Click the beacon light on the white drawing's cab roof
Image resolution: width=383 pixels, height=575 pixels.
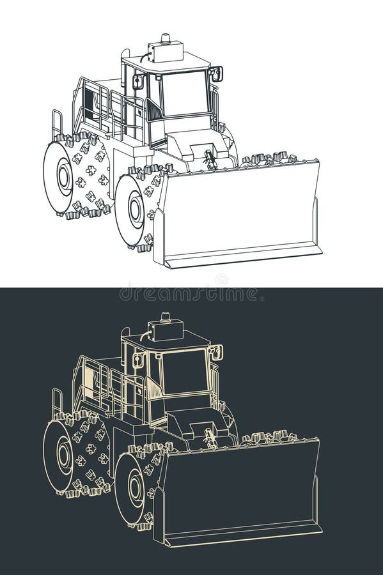point(166,38)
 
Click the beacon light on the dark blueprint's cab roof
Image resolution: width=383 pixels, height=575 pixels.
point(166,317)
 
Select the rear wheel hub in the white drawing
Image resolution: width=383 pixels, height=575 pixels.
point(64,175)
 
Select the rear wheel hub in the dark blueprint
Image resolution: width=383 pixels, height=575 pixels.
point(64,455)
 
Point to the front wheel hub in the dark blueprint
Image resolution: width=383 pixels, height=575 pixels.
point(136,489)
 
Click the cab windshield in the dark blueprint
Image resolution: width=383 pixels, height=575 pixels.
point(185,372)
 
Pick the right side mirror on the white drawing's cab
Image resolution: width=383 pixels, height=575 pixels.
point(216,73)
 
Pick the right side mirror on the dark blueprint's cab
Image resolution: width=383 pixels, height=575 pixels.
point(216,353)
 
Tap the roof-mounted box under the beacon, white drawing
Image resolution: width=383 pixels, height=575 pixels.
point(165,50)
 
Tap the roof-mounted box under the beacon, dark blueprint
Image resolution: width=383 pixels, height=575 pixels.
point(165,330)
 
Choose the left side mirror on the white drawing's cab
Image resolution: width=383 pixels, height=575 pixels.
point(137,81)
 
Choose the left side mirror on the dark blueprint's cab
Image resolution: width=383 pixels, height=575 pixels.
point(137,360)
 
